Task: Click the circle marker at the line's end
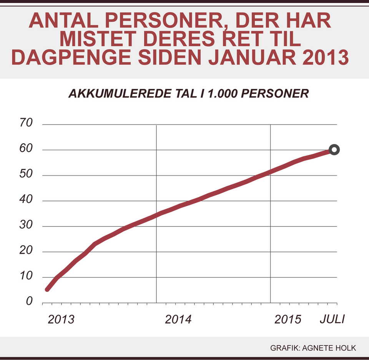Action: tap(334, 150)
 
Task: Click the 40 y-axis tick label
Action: tap(26, 200)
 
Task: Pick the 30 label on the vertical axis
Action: tap(26, 226)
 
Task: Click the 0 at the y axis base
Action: tap(29, 302)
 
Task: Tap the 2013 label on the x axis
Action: tap(61, 320)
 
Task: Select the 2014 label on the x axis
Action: tap(178, 320)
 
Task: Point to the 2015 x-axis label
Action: tap(288, 320)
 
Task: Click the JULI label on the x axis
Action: tap(333, 320)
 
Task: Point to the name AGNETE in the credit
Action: tap(319, 348)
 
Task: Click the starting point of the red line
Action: tap(47, 289)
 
